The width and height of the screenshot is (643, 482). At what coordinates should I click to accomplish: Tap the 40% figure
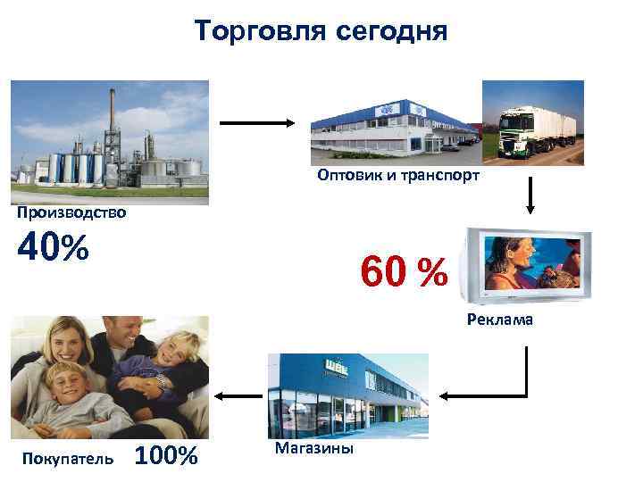(x=53, y=248)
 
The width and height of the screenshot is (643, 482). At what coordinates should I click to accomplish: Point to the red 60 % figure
(x=403, y=271)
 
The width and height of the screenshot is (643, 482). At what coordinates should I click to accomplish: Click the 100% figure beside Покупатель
(x=165, y=456)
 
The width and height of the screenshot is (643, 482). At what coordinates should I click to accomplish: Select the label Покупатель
(x=66, y=458)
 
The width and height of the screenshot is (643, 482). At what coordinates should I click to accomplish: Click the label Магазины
(x=313, y=446)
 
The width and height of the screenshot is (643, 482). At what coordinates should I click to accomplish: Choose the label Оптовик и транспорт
(x=397, y=176)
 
